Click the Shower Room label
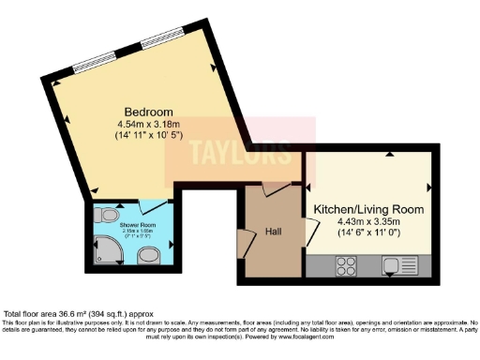point(137,225)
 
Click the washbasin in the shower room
point(147,256)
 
